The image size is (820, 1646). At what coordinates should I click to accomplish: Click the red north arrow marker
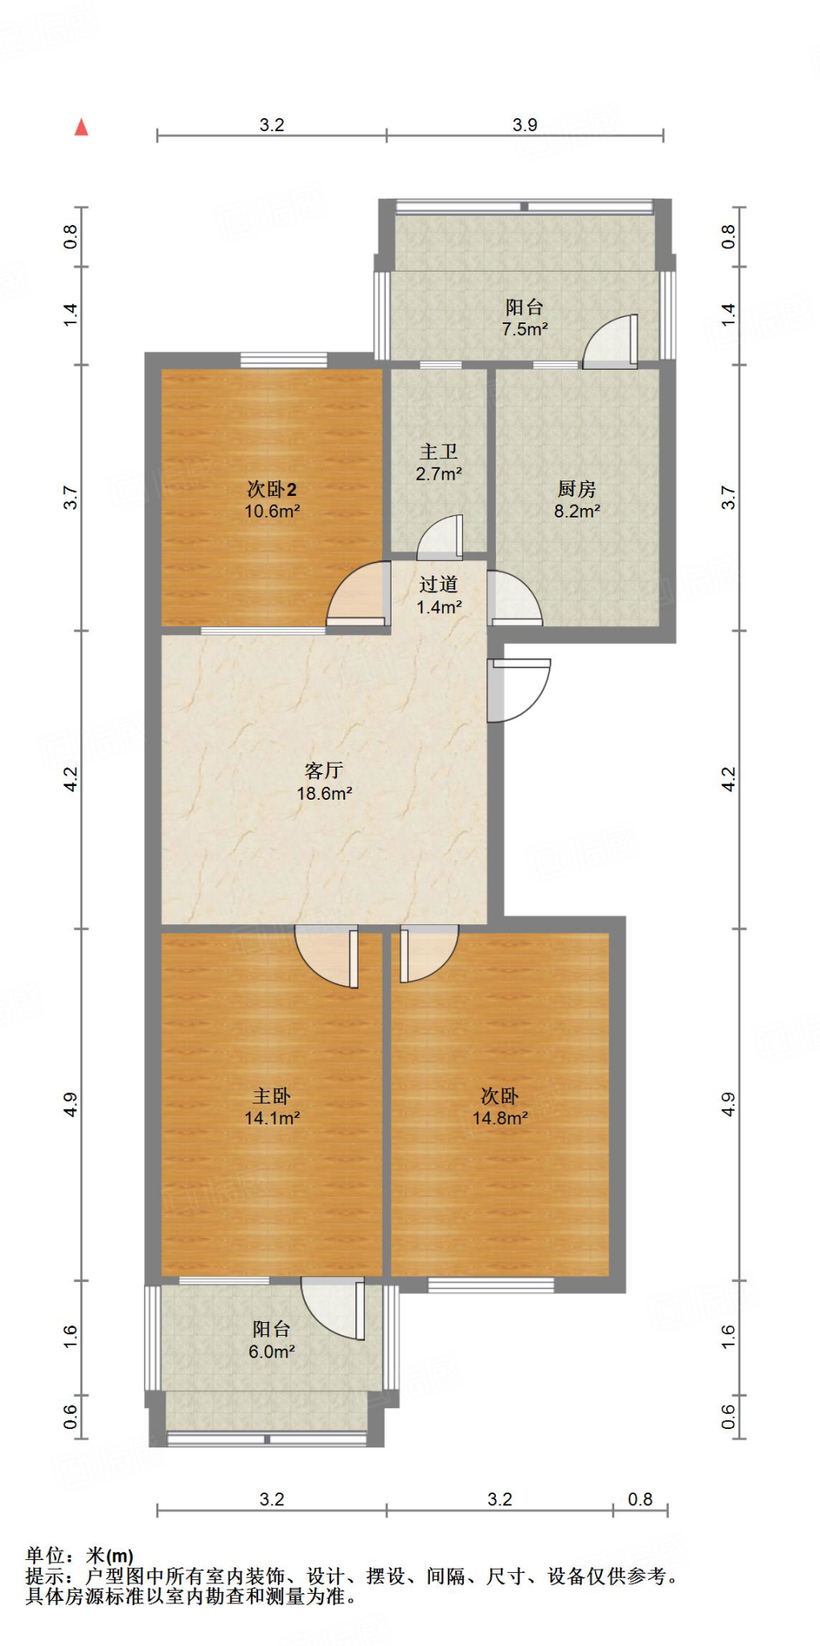(81, 127)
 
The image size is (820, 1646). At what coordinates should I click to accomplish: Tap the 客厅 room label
(324, 771)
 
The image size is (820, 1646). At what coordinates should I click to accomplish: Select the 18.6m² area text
(324, 794)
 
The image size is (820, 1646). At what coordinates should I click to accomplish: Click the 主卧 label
(272, 1095)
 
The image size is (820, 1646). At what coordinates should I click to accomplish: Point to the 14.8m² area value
(499, 1118)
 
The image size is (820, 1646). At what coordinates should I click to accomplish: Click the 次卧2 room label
(272, 489)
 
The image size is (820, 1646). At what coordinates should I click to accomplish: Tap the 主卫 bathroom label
(438, 452)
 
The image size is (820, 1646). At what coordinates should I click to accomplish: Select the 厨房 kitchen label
(576, 489)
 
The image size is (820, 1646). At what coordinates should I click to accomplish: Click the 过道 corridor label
(438, 584)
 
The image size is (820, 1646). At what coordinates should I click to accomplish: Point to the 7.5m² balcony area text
(524, 329)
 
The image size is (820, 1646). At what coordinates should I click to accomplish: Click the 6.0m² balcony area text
(272, 1352)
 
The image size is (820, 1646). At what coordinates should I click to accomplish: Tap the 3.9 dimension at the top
(524, 125)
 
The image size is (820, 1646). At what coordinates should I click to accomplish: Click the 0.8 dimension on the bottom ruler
(640, 1499)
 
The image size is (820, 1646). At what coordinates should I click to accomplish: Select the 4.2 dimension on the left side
(71, 779)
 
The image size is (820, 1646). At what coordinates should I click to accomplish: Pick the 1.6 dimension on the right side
(728, 1336)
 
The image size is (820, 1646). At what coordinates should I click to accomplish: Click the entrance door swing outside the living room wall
(519, 690)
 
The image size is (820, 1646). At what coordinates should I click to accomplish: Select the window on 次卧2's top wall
(283, 360)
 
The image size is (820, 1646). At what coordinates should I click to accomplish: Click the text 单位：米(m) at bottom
(80, 1555)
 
